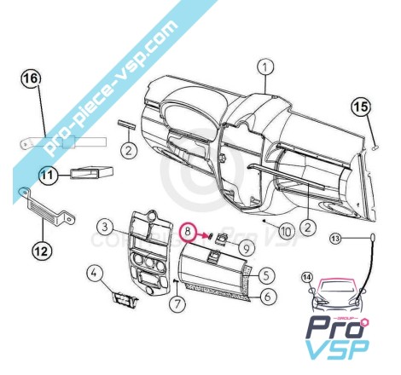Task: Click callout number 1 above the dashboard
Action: [x=265, y=68]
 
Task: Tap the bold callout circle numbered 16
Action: [x=31, y=78]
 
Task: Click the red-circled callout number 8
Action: [x=188, y=231]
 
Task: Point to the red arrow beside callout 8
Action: [x=203, y=235]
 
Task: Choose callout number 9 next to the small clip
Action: [x=247, y=249]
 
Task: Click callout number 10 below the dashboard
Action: [x=286, y=231]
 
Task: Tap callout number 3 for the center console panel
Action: [x=105, y=227]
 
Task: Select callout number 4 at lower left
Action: [x=95, y=274]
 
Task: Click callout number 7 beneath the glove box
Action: [x=177, y=304]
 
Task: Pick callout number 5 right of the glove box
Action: [x=266, y=275]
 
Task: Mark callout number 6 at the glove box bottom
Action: [x=267, y=297]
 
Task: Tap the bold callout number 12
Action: [x=42, y=251]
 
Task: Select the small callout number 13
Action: [x=336, y=239]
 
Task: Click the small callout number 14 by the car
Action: [x=307, y=278]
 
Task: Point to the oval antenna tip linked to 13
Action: [x=373, y=236]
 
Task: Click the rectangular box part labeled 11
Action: [x=91, y=171]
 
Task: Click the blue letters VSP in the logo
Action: [x=338, y=349]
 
